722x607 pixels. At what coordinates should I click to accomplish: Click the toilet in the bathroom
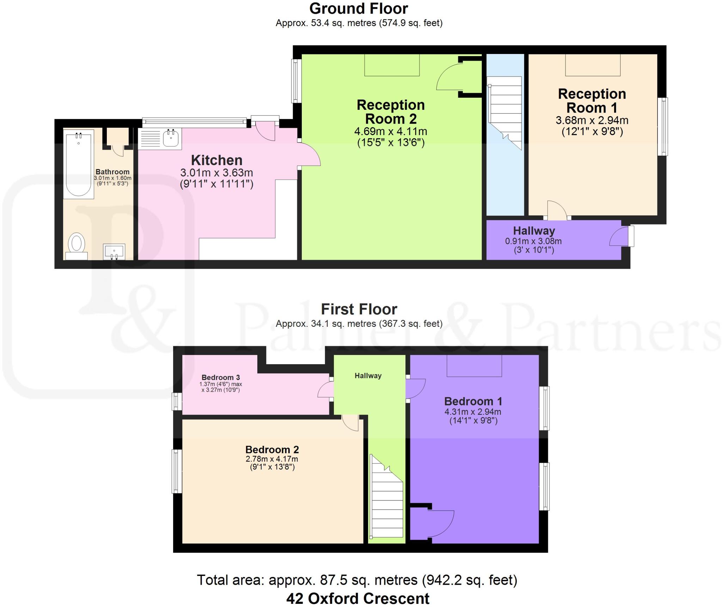coord(77,246)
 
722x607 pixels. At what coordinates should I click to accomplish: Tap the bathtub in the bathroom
coord(79,164)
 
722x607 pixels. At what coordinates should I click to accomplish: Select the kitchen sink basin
coord(171,138)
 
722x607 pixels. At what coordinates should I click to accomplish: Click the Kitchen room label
coord(216,160)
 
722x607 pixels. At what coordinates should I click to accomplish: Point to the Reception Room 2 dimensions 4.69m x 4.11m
coord(391,132)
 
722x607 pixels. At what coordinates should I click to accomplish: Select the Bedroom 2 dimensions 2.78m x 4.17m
coord(272,459)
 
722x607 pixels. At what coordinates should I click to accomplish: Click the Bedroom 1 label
coord(473,401)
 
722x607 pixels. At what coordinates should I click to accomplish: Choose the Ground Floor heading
coord(359,8)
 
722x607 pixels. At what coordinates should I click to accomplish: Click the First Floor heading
coord(359,309)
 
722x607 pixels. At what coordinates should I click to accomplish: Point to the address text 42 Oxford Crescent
coord(358,598)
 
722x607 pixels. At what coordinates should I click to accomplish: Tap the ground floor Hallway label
coord(534,231)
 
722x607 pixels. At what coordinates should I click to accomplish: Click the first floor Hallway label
coord(368,376)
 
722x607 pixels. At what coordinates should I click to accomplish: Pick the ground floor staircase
coord(504,113)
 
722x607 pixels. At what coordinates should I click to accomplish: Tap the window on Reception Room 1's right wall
coord(663,126)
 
